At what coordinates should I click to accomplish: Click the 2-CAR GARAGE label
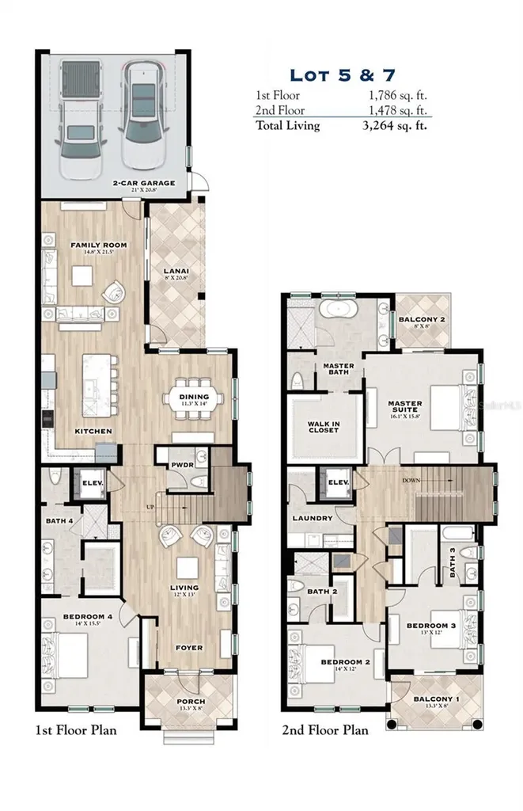click(143, 183)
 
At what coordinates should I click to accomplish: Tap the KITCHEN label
click(93, 431)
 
